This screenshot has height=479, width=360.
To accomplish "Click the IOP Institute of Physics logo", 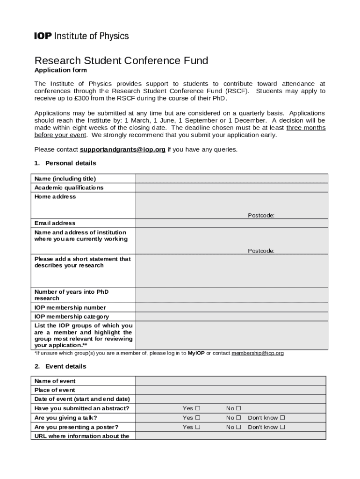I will pyautogui.click(x=81, y=36).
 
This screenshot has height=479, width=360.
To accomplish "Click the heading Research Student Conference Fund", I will pyautogui.click(x=121, y=61).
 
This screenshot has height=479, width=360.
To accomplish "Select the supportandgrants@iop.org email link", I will pyautogui.click(x=122, y=150).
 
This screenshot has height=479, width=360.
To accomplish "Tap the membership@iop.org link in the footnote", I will pyautogui.click(x=258, y=353).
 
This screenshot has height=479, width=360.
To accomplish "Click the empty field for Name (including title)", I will pyautogui.click(x=231, y=179).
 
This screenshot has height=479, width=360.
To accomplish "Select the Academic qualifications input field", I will pyautogui.click(x=231, y=188).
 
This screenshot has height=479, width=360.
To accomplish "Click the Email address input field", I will pyautogui.click(x=231, y=223).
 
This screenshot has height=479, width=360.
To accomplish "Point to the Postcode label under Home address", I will pyautogui.click(x=261, y=215).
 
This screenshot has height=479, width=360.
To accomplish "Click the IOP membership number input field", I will pyautogui.click(x=231, y=307).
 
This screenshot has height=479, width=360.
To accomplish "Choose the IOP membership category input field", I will pyautogui.click(x=231, y=317).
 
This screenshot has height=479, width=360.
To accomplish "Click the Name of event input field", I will pyautogui.click(x=231, y=381).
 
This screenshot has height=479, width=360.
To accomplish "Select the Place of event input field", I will pyautogui.click(x=231, y=390).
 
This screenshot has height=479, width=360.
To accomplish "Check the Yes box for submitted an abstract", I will pyautogui.click(x=198, y=408).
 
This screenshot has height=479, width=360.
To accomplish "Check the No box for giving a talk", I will pyautogui.click(x=238, y=418).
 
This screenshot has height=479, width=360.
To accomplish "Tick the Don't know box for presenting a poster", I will pyautogui.click(x=282, y=427).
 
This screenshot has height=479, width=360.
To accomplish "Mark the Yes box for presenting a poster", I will pyautogui.click(x=198, y=427).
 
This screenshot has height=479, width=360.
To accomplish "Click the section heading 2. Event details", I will pyautogui.click(x=60, y=366).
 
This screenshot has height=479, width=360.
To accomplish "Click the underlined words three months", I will pyautogui.click(x=306, y=128).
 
